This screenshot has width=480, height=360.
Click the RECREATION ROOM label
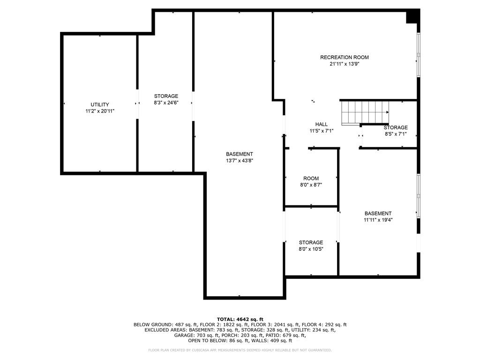[344, 57]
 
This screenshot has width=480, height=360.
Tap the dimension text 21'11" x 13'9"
[344, 64]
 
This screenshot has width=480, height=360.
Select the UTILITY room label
[100, 105]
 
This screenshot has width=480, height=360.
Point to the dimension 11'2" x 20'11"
[100, 111]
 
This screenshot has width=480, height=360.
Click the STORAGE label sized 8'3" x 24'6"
[166, 96]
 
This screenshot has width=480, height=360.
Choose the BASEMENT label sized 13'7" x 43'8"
[239, 154]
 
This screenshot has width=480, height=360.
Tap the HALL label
[321, 124]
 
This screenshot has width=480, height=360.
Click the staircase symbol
[364, 113]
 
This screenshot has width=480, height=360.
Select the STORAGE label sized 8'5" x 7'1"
[396, 127]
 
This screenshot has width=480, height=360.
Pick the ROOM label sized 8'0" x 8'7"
[311, 178]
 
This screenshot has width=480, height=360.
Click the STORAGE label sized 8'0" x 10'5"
[311, 242]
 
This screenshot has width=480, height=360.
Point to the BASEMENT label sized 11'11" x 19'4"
[378, 213]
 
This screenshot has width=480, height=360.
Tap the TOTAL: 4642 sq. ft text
[240, 319]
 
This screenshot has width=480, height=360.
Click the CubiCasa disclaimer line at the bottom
[240, 350]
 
